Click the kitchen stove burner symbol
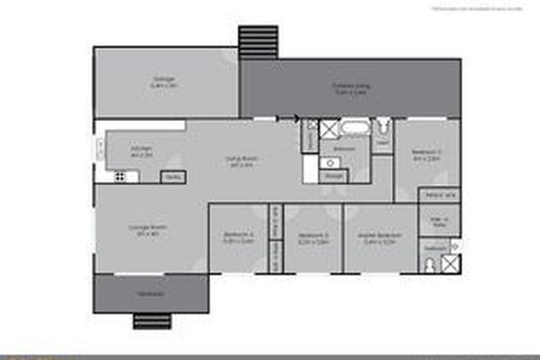[119, 176]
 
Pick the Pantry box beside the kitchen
[173, 176]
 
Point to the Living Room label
[241, 163]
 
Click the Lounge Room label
[147, 231]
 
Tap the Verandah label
[150, 294]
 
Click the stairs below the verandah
[152, 320]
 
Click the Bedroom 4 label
[238, 239]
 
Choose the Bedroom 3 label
[313, 239]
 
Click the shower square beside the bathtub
[329, 129]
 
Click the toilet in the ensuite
[431, 264]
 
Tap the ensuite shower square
[451, 263]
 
